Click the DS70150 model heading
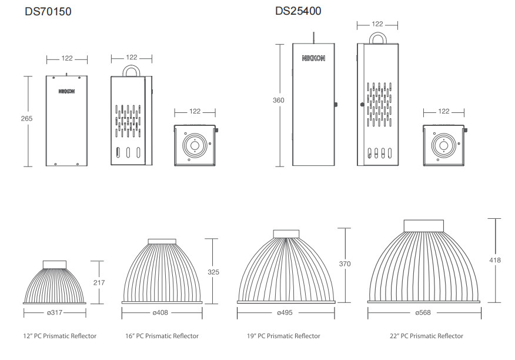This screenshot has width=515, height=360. [48, 12]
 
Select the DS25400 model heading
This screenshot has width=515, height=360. [298, 11]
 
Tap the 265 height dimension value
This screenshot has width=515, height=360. [26, 118]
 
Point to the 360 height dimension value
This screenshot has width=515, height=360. [279, 100]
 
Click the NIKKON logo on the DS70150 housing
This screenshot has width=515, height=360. [66, 91]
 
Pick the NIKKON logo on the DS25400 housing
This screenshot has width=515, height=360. [314, 58]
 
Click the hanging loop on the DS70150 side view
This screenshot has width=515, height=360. [131, 71]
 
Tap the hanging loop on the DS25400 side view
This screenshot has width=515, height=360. [377, 38]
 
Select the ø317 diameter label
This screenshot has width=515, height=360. [55, 312]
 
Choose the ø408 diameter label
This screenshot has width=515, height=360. [160, 312]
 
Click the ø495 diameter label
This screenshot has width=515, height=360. [285, 312]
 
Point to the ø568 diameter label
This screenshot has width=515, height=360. [423, 312]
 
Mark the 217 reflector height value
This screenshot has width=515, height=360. [99, 282]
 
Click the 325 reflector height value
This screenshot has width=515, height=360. [213, 272]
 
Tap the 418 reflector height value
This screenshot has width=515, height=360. [495, 260]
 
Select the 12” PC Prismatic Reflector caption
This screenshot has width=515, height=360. [60, 336]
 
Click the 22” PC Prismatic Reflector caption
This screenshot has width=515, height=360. [426, 336]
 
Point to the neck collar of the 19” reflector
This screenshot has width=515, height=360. [286, 234]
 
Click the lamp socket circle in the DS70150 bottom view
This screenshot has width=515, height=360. [195, 145]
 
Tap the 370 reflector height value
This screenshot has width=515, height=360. [345, 264]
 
